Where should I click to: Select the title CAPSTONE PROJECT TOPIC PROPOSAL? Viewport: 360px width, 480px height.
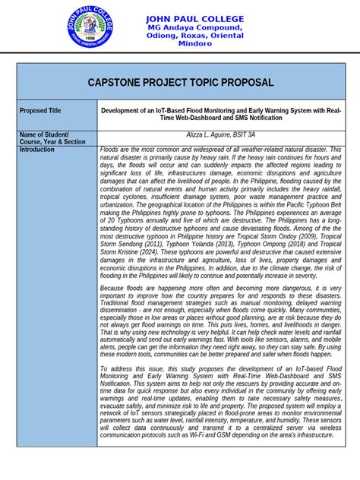pos(181,82)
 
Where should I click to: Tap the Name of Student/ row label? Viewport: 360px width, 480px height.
pos(43,134)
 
